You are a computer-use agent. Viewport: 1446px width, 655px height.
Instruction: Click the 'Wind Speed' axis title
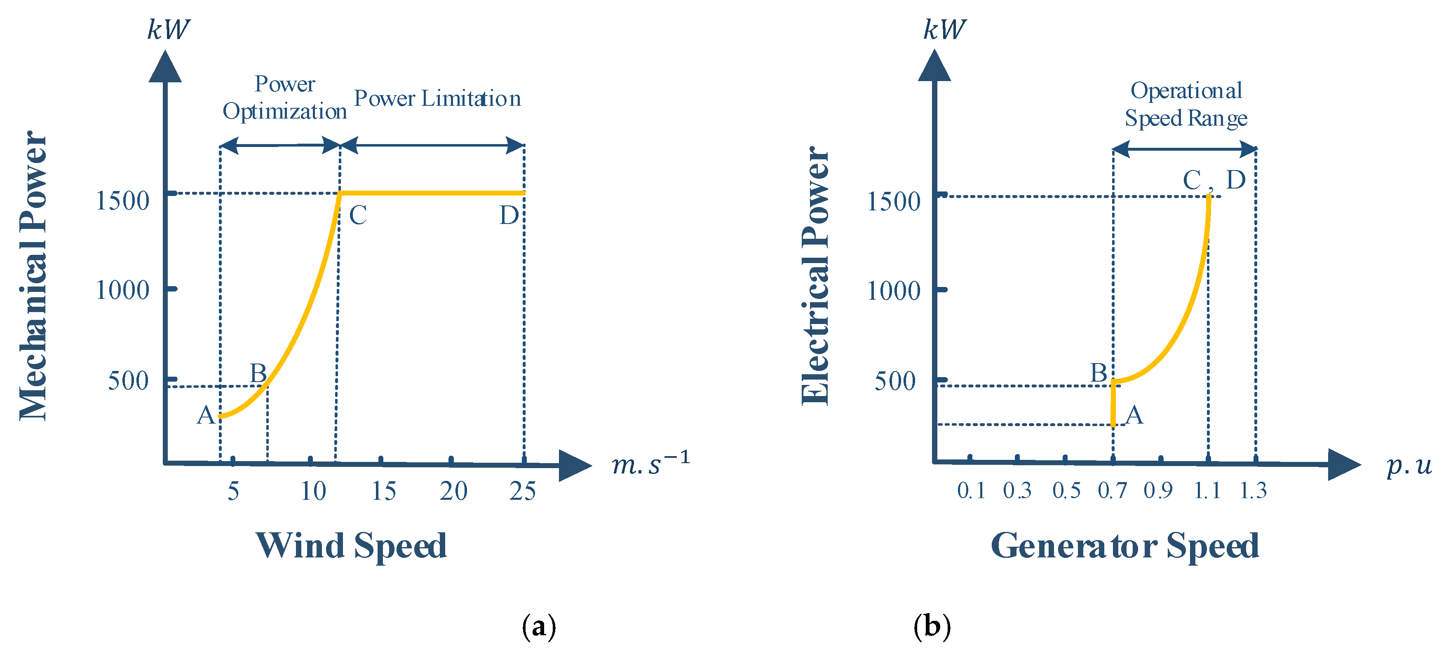(351, 545)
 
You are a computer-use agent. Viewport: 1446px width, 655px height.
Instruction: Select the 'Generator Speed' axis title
(1125, 545)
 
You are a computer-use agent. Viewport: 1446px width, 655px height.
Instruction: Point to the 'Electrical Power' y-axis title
(815, 275)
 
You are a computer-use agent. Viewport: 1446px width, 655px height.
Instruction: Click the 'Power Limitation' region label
(437, 99)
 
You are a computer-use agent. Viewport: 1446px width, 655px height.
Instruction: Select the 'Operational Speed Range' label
(1185, 104)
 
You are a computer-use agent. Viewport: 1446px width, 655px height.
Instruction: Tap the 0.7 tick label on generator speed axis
(1112, 491)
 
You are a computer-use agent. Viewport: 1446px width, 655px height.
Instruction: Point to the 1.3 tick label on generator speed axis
(1253, 491)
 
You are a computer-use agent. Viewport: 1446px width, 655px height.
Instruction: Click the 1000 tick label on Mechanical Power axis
(122, 291)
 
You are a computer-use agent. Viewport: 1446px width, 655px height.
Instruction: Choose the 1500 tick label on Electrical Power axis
(894, 202)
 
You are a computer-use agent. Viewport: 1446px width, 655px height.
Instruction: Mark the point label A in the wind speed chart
(205, 415)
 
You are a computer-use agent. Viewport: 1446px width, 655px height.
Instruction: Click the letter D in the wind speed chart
(509, 215)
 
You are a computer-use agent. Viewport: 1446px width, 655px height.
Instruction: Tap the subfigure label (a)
(539, 627)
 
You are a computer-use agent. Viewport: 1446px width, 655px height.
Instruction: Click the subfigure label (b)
(932, 627)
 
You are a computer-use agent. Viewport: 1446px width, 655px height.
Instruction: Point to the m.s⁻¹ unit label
(650, 463)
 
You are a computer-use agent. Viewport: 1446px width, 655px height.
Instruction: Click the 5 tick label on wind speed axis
(233, 491)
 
